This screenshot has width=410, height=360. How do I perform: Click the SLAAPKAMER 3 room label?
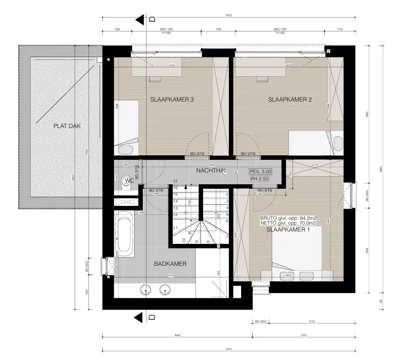click(x=172, y=99)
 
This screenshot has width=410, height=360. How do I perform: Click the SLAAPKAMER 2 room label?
click(x=290, y=99)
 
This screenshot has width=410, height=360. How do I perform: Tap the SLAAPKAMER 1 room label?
click(x=288, y=230)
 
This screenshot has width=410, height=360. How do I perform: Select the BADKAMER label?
click(x=170, y=264)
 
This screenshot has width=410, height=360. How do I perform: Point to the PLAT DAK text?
click(x=67, y=126)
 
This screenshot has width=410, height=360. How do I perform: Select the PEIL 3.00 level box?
click(x=260, y=172)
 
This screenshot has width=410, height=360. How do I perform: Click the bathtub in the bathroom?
click(x=124, y=234)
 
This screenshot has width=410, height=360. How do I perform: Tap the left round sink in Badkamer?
click(x=146, y=290)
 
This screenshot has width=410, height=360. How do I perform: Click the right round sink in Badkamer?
click(x=165, y=290)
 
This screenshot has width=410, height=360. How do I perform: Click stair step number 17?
click(x=176, y=181)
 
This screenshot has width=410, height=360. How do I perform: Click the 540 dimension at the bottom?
click(x=177, y=335)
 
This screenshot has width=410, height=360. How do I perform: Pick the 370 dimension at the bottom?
click(x=304, y=335)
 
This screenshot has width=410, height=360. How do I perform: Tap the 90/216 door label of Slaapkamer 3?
click(x=197, y=154)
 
